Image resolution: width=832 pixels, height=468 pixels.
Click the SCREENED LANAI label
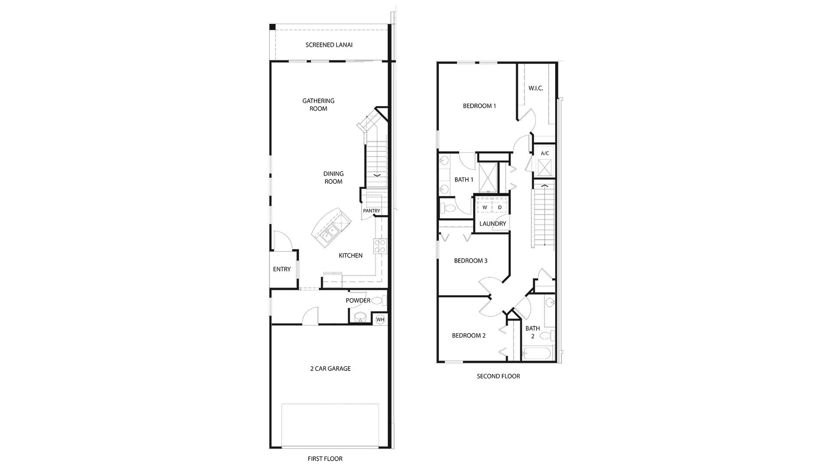click(x=329, y=45)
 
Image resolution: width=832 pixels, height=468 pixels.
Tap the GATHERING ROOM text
click(x=318, y=104)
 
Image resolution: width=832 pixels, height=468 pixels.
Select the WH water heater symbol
click(x=380, y=319)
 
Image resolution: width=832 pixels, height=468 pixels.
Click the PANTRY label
click(x=371, y=211)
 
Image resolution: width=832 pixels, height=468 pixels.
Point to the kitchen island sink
click(x=329, y=234)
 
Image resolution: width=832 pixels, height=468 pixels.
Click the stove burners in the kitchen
click(x=380, y=246)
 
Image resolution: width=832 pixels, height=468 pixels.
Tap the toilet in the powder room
click(x=378, y=300)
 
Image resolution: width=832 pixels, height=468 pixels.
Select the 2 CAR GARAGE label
click(x=330, y=368)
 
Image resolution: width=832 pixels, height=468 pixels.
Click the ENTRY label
click(x=282, y=269)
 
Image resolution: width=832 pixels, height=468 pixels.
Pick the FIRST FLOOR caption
click(x=325, y=458)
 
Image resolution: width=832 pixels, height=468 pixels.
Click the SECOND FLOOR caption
click(x=498, y=376)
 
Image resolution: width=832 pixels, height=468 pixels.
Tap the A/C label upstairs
click(x=545, y=153)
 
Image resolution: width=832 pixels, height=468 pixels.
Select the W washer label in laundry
click(x=485, y=208)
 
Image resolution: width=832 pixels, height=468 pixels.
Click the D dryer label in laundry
click(x=500, y=208)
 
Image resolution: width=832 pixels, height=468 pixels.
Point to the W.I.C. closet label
click(x=536, y=88)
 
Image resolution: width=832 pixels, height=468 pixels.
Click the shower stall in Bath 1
click(x=488, y=177)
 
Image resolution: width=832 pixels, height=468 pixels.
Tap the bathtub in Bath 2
click(x=537, y=354)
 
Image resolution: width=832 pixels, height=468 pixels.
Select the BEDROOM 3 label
click(x=471, y=260)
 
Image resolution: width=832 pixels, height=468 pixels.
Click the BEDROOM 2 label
click(x=468, y=335)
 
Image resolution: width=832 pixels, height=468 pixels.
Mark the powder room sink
click(x=359, y=318)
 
